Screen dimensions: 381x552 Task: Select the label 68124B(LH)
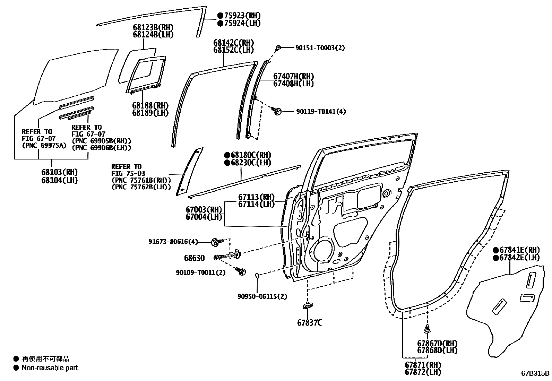tap(153, 35)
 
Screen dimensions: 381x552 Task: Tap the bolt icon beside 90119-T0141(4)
tap(277, 111)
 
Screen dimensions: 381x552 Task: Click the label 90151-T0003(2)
tap(320, 48)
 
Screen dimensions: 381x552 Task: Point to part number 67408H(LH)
tap(293, 84)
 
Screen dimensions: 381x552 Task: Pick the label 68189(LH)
tap(150, 113)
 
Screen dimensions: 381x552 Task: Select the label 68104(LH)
tap(60, 180)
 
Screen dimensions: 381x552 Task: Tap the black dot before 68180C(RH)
tap(227, 155)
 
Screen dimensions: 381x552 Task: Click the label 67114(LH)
tap(256, 204)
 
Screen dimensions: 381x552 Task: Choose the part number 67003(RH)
tap(204, 210)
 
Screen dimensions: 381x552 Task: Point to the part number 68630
tap(195, 258)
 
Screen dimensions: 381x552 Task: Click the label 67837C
tap(309, 323)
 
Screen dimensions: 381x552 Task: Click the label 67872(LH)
tap(423, 372)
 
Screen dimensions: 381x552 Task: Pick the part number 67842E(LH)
tap(519, 258)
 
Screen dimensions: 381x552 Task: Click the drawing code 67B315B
tap(535, 373)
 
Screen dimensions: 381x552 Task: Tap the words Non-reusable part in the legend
tap(50, 368)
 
